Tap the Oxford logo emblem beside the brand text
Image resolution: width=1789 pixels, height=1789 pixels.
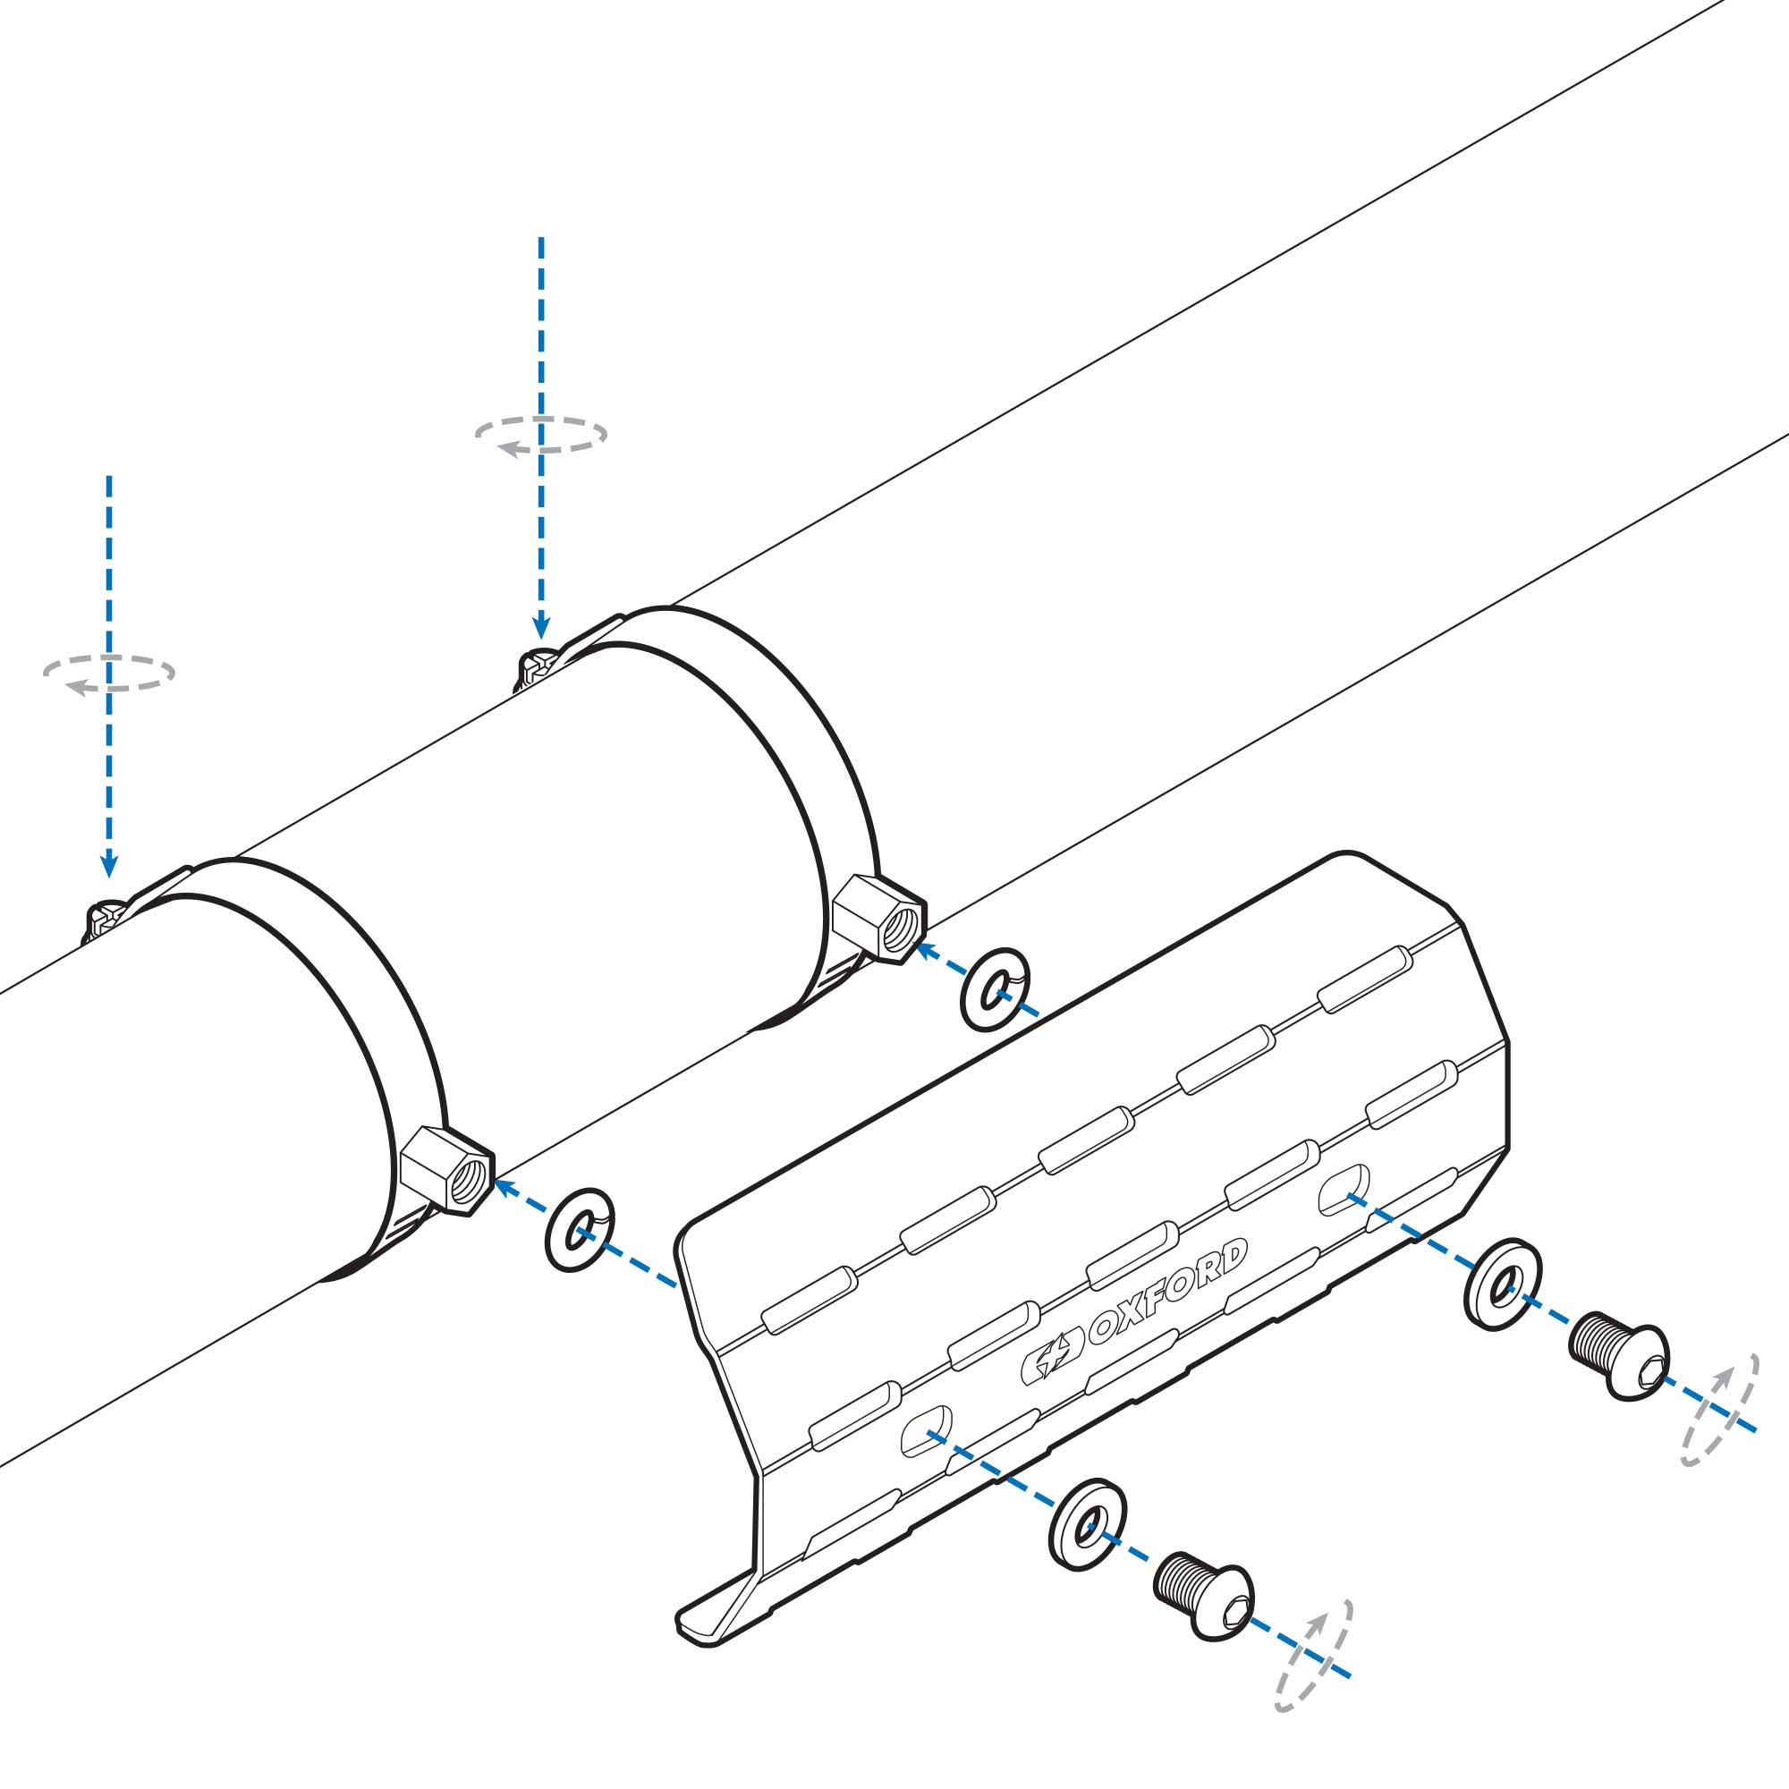coord(1052,1363)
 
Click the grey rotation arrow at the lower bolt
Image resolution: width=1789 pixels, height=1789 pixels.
coord(1315,1662)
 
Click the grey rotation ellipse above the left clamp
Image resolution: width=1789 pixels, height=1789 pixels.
coord(108,674)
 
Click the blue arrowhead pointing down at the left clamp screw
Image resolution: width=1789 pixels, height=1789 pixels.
coord(109,866)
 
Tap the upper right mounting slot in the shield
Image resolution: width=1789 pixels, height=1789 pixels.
coord(1344,1190)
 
